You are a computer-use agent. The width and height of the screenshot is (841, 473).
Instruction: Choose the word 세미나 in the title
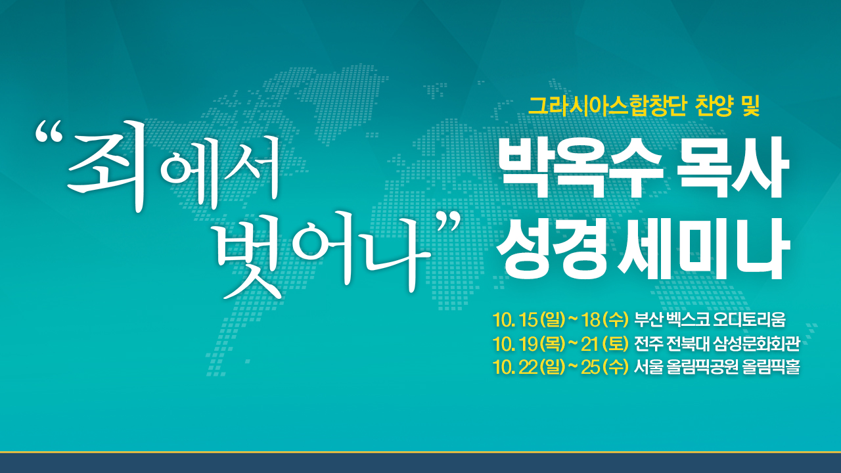click(703, 249)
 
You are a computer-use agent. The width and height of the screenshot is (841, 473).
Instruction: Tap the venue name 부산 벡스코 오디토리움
click(710, 320)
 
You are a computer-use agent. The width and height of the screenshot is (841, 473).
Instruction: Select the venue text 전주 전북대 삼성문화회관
click(717, 344)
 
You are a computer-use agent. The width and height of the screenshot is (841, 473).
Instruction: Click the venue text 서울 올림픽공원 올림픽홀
click(717, 367)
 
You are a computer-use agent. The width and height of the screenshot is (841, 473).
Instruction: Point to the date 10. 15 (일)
click(529, 320)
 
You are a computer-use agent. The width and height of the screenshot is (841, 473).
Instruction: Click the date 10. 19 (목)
click(529, 344)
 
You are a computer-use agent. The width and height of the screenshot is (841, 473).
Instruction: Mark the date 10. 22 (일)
click(529, 367)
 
